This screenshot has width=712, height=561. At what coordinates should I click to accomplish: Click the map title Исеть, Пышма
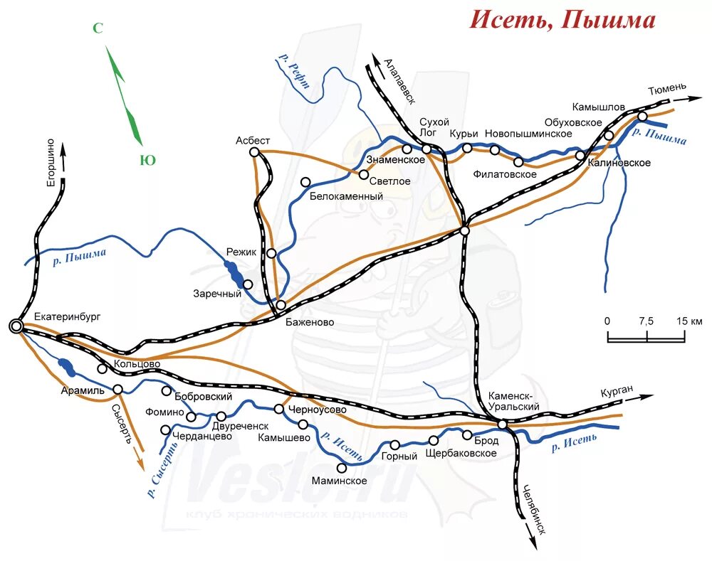[562, 20]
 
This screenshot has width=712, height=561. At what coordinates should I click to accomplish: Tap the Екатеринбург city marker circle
[16, 326]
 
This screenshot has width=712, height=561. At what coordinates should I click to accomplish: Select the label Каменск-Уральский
[514, 402]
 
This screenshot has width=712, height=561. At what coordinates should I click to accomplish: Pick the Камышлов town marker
[642, 117]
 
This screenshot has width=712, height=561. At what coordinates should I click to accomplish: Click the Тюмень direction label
[667, 89]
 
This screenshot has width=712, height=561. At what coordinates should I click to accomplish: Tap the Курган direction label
[616, 392]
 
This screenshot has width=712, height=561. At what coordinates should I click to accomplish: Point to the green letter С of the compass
[98, 28]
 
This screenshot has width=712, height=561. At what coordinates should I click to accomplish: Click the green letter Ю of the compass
[147, 160]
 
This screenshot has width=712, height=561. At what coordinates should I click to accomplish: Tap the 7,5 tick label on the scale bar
[646, 321]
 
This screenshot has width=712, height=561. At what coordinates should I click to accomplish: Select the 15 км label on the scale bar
[689, 321]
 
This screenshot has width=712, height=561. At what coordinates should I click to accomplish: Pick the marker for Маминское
[342, 467]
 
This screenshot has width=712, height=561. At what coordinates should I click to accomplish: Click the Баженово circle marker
[281, 305]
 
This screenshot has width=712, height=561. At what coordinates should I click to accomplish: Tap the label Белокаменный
[346, 196]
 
